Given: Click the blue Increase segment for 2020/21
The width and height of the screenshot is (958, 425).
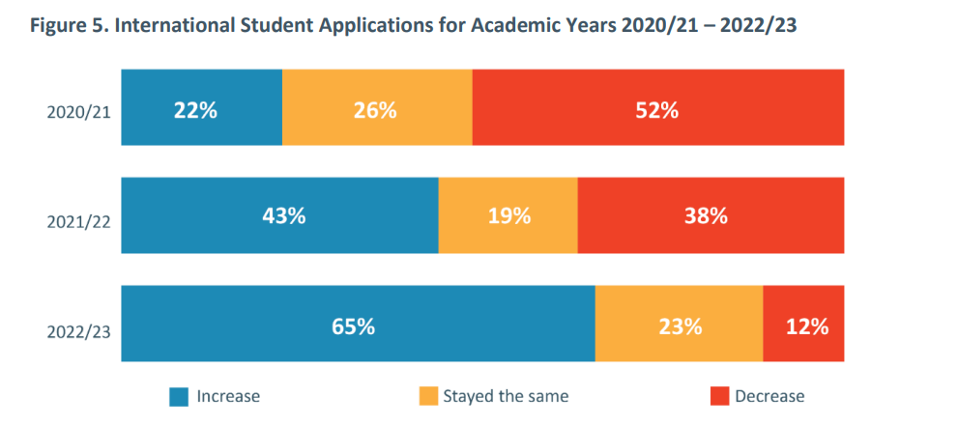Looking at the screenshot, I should coord(201,108).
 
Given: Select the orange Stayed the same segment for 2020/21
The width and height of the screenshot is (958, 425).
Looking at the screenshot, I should coord(377,108).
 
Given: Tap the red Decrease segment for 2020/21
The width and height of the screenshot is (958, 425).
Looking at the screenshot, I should coord(657,108).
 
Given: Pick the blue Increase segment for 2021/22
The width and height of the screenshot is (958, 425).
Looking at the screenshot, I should coord(279,215).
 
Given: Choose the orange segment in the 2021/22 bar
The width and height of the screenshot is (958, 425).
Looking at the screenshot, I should coord(508,215).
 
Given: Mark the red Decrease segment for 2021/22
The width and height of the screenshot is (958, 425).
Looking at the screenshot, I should coord(711,215).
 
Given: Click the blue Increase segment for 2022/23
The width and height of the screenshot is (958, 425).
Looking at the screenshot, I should coord(358,324).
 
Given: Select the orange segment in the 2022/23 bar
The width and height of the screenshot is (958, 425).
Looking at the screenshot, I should coord(679,324).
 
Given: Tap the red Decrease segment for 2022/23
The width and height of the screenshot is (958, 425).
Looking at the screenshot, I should coord(803,324).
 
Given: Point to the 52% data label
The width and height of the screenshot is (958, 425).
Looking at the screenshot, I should coord(657,110).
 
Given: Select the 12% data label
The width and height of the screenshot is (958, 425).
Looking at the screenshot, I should coord(807,326).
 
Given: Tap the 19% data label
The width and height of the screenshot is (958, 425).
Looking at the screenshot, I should coord(508,217).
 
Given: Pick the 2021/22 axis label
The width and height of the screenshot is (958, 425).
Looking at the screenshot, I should coord(78,222).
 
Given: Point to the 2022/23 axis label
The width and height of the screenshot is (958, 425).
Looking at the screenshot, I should coord(78,332).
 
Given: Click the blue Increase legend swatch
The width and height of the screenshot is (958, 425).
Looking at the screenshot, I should coord(179,396).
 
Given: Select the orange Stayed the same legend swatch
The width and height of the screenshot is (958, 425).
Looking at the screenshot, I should coord(427,396).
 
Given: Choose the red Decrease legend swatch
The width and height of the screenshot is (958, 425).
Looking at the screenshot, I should coord(719,396).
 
